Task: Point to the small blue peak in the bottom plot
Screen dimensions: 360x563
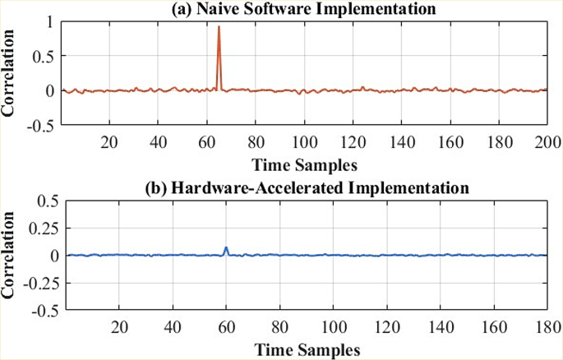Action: pos(226,248)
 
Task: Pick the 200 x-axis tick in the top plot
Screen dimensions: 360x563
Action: pos(547,141)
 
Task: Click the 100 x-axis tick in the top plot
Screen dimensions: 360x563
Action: pos(304,141)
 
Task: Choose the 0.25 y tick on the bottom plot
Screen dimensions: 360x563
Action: pos(42,228)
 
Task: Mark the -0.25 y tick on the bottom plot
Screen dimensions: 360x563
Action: pos(39,284)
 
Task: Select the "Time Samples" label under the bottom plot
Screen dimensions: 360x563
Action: pos(305,348)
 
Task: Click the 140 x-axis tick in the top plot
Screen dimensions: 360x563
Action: pos(402,141)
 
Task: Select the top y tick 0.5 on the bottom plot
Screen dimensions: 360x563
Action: pos(44,200)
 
